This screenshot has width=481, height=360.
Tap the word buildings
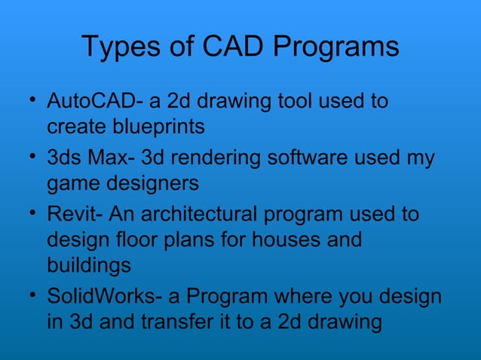coord(88,267)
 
